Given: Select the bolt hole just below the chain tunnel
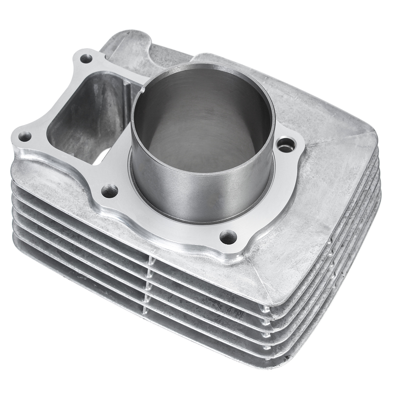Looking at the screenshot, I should (x=109, y=190).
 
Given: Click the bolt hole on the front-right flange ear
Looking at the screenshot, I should (x=228, y=235).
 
